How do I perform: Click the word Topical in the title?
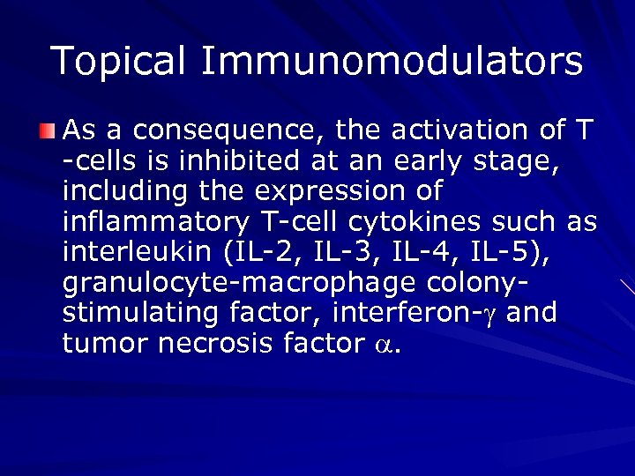[x=119, y=61]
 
